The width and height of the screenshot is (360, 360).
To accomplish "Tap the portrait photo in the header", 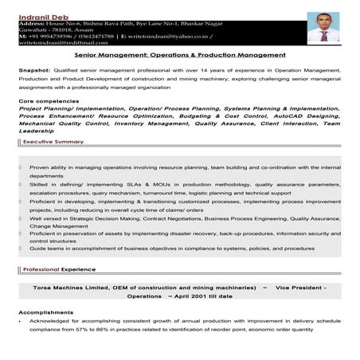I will tap(323, 25).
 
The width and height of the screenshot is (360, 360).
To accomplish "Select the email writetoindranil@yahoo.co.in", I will tap(174, 36).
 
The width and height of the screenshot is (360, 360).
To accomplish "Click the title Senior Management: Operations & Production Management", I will tap(179, 56).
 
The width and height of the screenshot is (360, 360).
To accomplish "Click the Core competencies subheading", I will tap(49, 103).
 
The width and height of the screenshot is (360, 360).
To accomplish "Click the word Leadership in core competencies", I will tap(36, 131).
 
